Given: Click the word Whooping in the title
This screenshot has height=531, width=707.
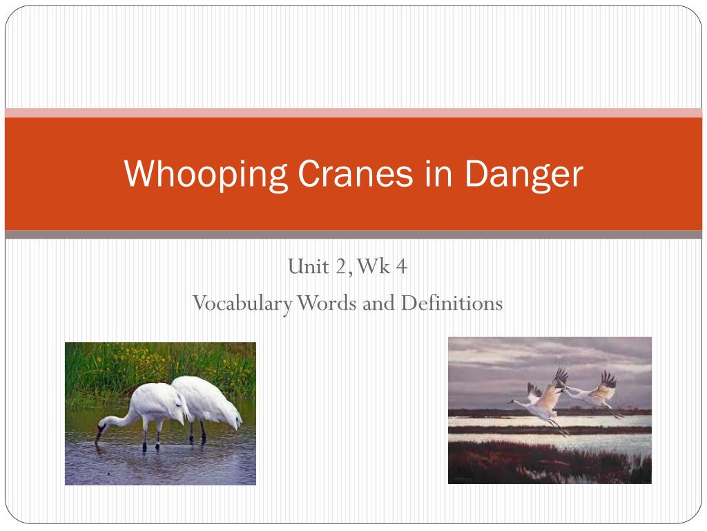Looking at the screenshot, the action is [x=206, y=174].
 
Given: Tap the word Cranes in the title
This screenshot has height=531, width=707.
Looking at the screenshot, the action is [x=356, y=174].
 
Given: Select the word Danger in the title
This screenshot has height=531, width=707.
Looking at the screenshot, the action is [x=523, y=174].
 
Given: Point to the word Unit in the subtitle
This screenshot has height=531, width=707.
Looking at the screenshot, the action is [x=309, y=266].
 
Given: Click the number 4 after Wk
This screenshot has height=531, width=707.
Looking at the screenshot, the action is [x=402, y=266].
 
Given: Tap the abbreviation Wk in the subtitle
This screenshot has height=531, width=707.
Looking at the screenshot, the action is [x=373, y=266].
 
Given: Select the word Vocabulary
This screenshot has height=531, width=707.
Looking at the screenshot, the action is [x=242, y=304].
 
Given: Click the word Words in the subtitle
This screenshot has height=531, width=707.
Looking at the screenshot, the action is [x=327, y=303].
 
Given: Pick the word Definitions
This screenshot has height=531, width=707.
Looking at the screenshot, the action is [x=452, y=303].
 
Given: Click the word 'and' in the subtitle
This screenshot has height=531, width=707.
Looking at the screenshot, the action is [x=379, y=303].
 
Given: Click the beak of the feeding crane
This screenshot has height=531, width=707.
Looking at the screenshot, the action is [x=98, y=436].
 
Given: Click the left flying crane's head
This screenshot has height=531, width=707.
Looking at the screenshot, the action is [x=513, y=400].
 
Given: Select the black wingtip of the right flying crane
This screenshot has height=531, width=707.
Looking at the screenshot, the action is [x=609, y=379].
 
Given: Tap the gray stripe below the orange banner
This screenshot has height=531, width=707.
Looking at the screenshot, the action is [x=353, y=235].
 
